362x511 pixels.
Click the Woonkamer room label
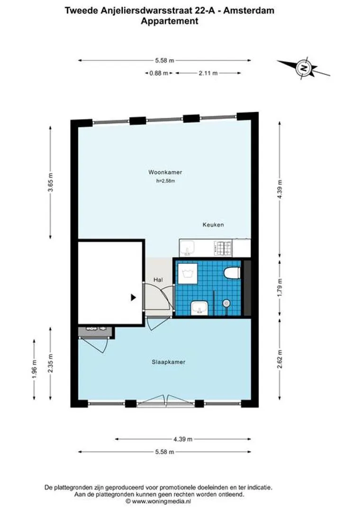click(165, 172)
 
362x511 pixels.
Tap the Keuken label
click(213, 225)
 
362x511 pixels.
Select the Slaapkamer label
click(168, 362)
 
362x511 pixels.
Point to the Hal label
click(158, 280)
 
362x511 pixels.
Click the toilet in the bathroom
click(232, 273)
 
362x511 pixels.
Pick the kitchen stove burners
click(223, 247)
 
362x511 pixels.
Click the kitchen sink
click(187, 248)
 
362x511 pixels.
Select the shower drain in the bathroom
click(226, 303)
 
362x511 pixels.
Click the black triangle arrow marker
click(133, 297)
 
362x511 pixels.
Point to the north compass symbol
click(304, 69)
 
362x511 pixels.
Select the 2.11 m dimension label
click(208, 73)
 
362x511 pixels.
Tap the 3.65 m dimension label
click(50, 183)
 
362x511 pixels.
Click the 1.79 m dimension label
click(280, 288)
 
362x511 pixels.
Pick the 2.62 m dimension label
click(280, 359)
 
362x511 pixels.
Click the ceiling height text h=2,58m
click(165, 181)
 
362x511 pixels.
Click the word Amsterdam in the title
click(249, 10)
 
